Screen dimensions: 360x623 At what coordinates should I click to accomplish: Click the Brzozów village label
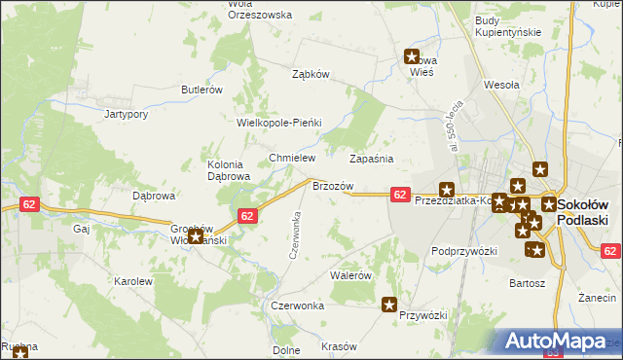331,186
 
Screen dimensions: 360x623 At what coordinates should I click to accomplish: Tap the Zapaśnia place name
371,158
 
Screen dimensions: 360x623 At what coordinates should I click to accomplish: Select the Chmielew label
293,158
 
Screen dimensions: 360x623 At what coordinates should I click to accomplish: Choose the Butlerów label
202,90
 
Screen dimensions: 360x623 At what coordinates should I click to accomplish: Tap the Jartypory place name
126,114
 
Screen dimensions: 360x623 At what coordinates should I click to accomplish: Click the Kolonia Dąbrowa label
229,170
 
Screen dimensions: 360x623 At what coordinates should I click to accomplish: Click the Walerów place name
351,275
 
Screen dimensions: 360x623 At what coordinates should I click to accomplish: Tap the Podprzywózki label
464,251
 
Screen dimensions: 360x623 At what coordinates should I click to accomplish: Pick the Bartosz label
527,283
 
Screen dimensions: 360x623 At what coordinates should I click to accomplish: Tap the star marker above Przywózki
389,305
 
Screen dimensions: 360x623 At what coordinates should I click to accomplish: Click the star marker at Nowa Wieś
412,57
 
